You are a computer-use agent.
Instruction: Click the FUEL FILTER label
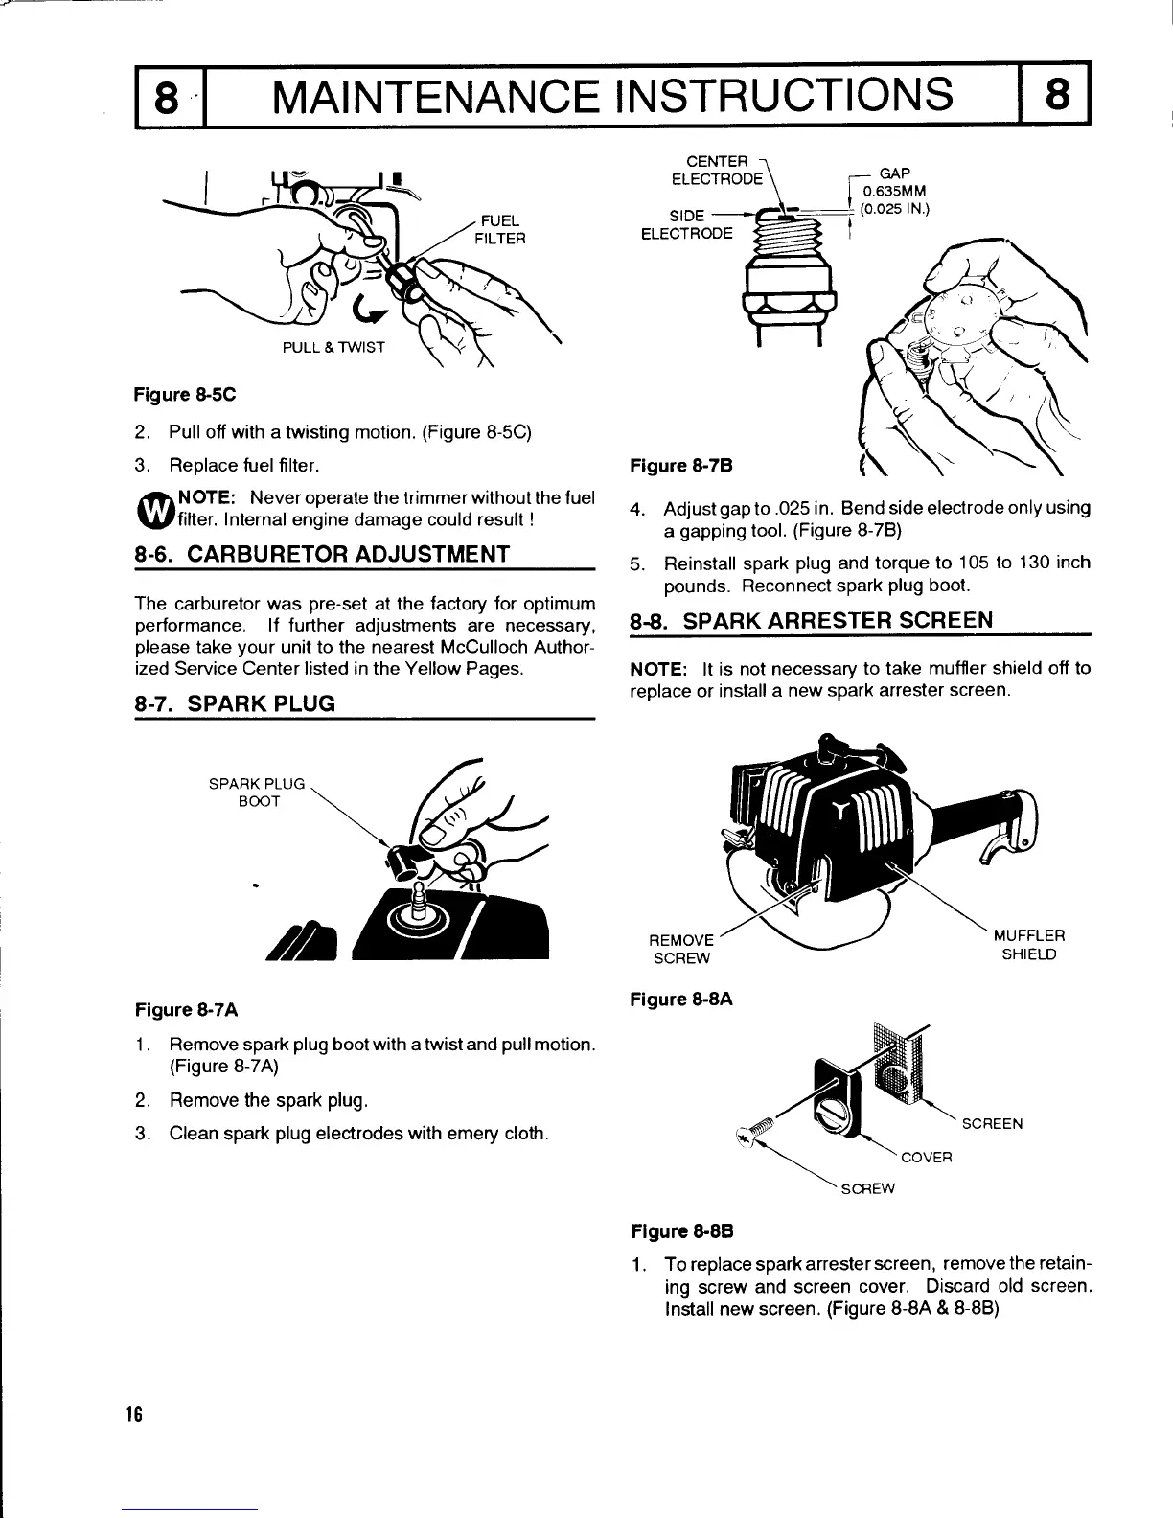tap(500, 229)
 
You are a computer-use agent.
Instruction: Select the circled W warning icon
tap(153, 511)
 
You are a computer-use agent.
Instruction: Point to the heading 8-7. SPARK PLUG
tap(236, 703)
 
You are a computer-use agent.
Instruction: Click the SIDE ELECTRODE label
tap(686, 224)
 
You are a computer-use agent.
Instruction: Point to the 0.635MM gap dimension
tap(894, 191)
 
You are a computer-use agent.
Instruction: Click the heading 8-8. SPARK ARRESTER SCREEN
tap(812, 619)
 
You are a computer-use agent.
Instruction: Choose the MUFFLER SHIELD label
tap(1028, 945)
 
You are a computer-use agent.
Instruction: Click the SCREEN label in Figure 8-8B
tap(992, 1123)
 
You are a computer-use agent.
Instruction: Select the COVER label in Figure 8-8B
tap(927, 1157)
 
